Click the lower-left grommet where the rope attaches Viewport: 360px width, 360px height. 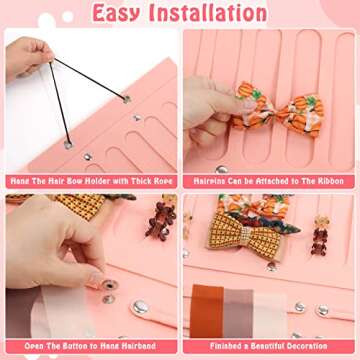coord(68,145)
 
